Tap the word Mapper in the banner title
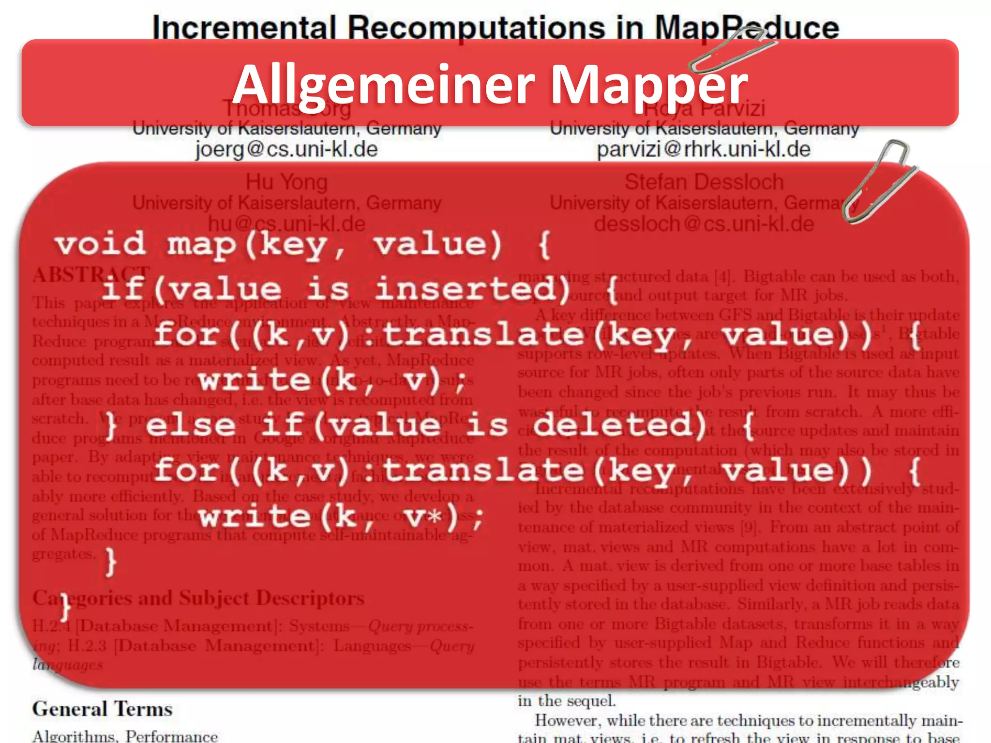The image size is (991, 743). coord(648,85)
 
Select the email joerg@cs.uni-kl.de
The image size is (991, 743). coord(286,149)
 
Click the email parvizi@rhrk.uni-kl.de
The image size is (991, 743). coord(704,149)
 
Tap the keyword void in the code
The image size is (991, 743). coord(100,243)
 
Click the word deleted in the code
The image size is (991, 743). coord(619,425)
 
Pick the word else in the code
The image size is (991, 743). coord(190,425)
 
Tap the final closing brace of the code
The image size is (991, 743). coord(65,607)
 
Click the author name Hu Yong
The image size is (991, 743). coord(286,182)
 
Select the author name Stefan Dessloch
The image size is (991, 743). coord(704,182)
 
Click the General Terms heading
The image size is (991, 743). coord(102,709)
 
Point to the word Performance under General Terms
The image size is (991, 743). coord(172,736)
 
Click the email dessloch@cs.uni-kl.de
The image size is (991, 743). coord(704,224)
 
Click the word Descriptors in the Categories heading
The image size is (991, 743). coord(310,598)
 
